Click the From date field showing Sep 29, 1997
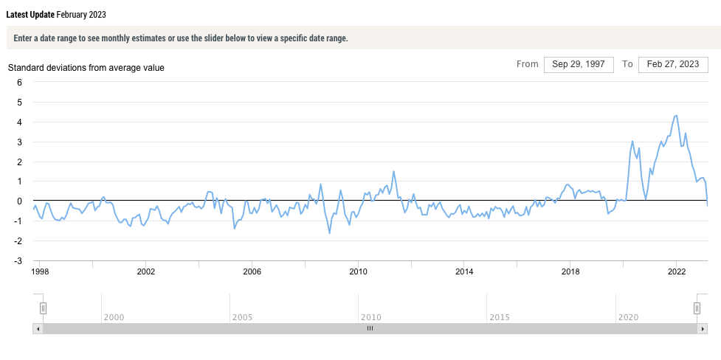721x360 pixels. pyautogui.click(x=579, y=64)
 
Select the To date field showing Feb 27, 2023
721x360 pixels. pyautogui.click(x=673, y=64)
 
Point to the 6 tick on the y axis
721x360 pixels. pyautogui.click(x=20, y=82)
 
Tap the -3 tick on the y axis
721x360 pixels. pyautogui.click(x=18, y=261)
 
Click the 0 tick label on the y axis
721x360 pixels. pyautogui.click(x=20, y=201)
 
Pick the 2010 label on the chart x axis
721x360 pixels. pyautogui.click(x=358, y=271)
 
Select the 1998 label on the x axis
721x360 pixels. pyautogui.click(x=40, y=271)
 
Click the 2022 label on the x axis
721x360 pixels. pyautogui.click(x=677, y=271)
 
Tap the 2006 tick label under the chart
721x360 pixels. pyautogui.click(x=252, y=271)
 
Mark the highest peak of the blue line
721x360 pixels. pyautogui.click(x=677, y=115)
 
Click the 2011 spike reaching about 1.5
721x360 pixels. pyautogui.click(x=393, y=171)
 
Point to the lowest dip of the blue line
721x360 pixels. pyautogui.click(x=329, y=233)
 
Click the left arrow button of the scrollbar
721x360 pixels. pyautogui.click(x=38, y=329)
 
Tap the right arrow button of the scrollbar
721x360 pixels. pyautogui.click(x=702, y=329)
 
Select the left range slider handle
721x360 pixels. pyautogui.click(x=43, y=308)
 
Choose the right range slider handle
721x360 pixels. pyautogui.click(x=697, y=308)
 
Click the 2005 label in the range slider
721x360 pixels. pyautogui.click(x=242, y=317)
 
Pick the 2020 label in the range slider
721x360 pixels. pyautogui.click(x=628, y=317)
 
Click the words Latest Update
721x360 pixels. pyautogui.click(x=30, y=15)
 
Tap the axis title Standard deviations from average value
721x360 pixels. pyautogui.click(x=86, y=68)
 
